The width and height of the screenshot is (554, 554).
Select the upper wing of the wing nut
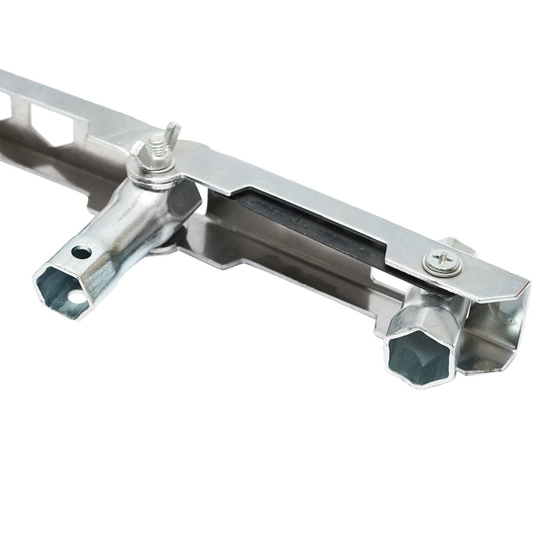172,131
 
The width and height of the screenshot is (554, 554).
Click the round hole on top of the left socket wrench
81,252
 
